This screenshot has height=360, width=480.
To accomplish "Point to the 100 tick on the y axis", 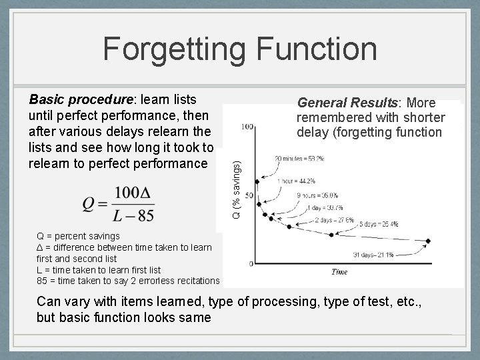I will click(246, 126).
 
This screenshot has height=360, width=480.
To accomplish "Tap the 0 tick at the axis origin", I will click(250, 264).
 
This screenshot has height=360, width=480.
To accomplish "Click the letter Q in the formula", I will click(89, 204).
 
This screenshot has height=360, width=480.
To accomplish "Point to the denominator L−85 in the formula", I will click(134, 216).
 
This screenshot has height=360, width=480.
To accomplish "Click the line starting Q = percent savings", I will click(79, 236).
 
